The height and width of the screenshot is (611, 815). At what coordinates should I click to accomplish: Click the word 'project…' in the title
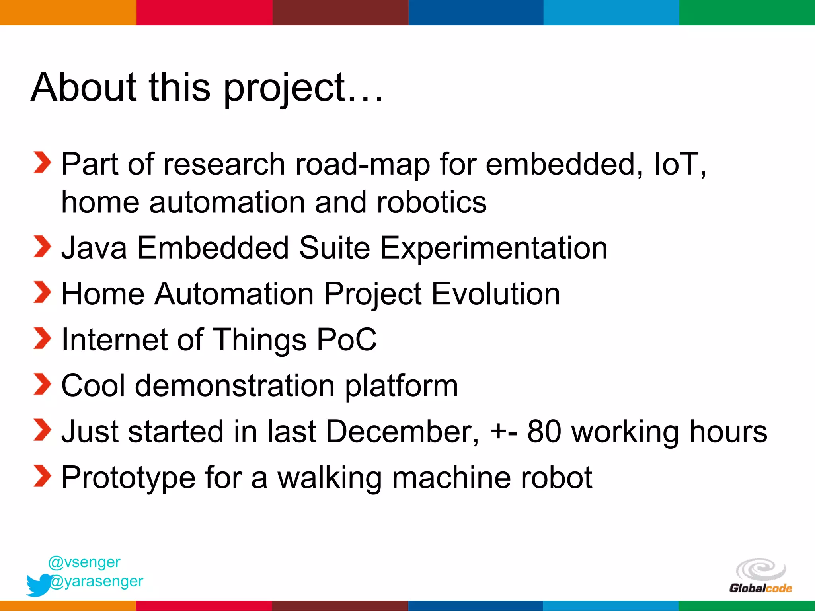coord(302,88)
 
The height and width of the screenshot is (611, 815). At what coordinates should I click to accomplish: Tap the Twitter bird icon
coord(39,584)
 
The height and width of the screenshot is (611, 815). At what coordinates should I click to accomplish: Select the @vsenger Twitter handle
coord(84,562)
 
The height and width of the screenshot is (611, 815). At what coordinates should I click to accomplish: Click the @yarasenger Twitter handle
coord(96,582)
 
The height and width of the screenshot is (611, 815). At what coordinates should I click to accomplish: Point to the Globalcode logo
coord(760,576)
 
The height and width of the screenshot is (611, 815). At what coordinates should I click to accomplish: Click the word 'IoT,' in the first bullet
coord(680,164)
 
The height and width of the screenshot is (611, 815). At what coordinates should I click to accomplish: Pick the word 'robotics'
coord(431,202)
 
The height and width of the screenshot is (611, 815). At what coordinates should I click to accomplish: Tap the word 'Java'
coord(94,248)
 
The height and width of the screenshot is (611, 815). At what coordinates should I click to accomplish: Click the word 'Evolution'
coord(495,294)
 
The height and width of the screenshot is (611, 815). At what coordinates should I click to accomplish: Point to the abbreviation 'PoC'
coord(346,340)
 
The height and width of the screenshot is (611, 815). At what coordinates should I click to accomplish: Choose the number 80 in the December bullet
coord(544,432)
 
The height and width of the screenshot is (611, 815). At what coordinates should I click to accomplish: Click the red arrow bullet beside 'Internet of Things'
coord(42,339)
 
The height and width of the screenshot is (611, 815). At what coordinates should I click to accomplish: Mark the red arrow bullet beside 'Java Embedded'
coord(42,247)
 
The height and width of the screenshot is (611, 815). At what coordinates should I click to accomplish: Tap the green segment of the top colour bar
coord(747,12)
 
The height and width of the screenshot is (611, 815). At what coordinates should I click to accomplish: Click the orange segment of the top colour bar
coord(68,12)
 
